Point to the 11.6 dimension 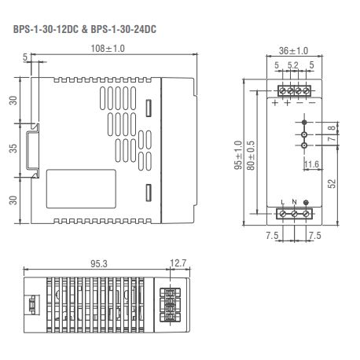(x=311, y=164)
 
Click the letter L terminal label (x=282, y=203)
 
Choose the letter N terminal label (x=295, y=203)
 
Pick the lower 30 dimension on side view (x=13, y=199)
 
